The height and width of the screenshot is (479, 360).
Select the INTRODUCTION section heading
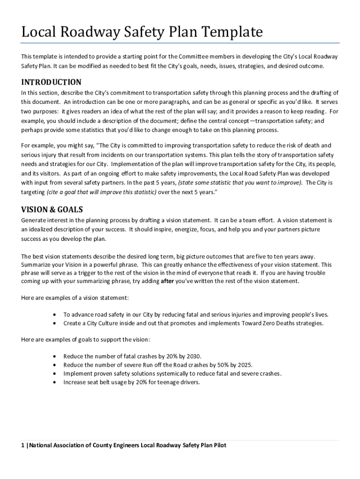click(51, 82)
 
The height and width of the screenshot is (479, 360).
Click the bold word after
click(167, 281)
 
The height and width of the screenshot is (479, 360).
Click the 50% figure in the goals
click(216, 365)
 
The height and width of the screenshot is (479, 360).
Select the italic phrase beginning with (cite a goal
click(101, 192)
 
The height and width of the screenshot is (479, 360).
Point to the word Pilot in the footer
click(218, 445)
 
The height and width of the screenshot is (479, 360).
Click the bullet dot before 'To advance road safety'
click(56, 314)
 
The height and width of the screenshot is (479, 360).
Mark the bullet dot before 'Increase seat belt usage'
click(56, 382)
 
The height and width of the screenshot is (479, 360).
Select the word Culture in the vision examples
click(107, 323)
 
